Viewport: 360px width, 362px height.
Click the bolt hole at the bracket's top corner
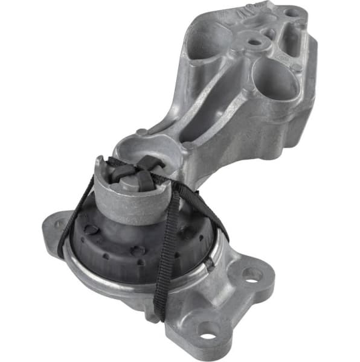292,11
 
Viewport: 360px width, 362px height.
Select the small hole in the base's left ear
59,224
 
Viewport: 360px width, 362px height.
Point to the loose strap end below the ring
160,305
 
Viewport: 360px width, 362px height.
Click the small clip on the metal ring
209,263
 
